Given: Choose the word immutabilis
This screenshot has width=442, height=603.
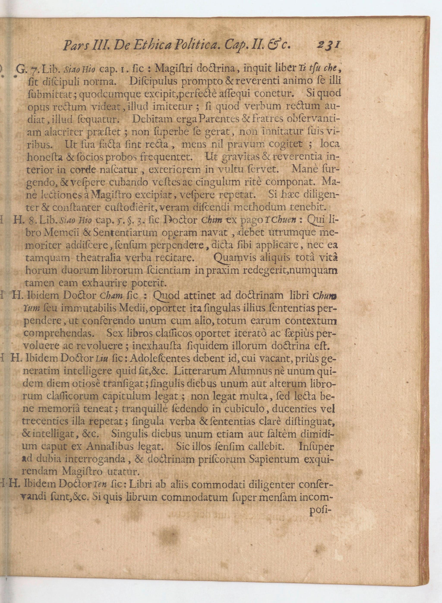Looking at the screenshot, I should click(88, 308).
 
